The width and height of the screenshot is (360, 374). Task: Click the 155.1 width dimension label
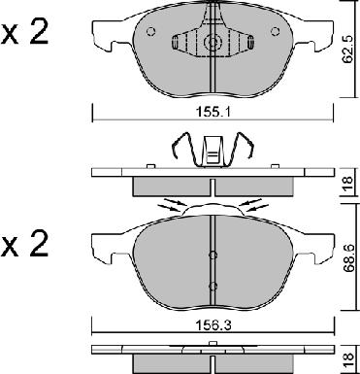(213, 113)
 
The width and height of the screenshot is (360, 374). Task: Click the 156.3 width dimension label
(213, 325)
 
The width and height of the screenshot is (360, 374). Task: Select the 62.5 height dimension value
(348, 50)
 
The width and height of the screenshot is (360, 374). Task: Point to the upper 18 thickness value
(348, 185)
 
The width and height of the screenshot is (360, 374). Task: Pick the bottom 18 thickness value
(348, 360)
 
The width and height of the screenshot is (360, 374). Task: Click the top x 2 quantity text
(25, 34)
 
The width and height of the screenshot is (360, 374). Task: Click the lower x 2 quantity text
(25, 245)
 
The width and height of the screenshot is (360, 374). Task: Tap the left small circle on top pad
(151, 31)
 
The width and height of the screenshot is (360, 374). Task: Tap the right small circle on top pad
(275, 31)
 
